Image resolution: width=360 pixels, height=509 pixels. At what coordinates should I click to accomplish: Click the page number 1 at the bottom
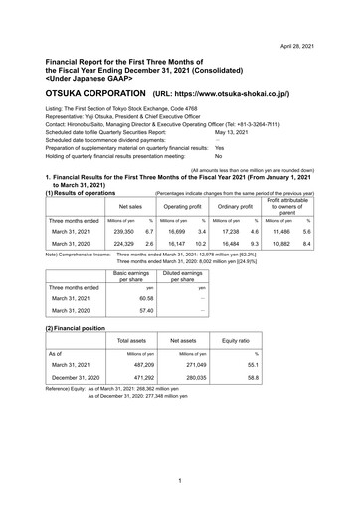tap(177, 482)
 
